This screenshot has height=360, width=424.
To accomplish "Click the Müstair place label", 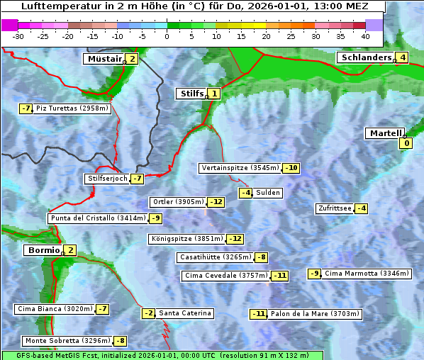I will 104,59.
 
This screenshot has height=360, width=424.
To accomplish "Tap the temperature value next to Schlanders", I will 403,58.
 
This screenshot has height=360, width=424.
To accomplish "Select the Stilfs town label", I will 191,94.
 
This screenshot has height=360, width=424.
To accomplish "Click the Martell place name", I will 384,133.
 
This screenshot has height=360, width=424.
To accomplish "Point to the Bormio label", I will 43,250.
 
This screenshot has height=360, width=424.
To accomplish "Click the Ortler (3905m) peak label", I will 178,202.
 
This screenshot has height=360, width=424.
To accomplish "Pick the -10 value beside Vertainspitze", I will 291,169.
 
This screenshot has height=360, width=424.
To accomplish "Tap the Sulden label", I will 268,193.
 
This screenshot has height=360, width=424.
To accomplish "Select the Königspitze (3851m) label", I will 186,239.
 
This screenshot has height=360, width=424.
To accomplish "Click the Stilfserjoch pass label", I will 106,179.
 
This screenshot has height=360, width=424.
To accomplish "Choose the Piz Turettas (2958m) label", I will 72,108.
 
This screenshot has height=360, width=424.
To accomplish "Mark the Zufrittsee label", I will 334,208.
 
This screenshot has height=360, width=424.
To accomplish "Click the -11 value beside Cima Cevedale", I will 280,276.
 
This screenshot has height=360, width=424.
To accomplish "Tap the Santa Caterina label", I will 184,313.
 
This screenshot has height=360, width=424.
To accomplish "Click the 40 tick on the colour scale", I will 365,36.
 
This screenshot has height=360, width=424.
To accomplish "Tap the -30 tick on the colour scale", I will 18,36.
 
